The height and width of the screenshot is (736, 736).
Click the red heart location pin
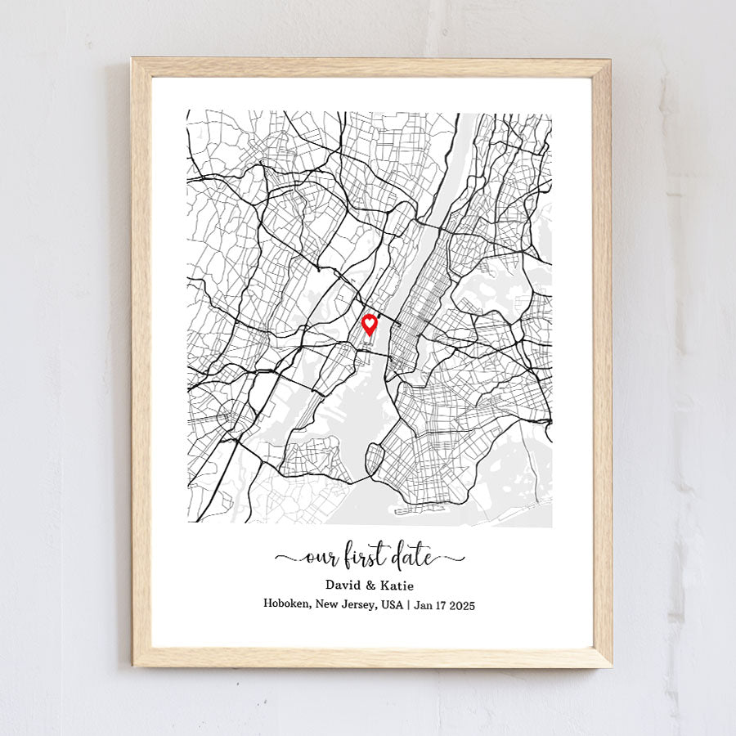(370, 325)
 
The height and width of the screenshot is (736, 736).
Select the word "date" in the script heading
(413, 558)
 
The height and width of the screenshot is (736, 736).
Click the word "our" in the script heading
(317, 559)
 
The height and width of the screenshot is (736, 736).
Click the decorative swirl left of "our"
(289, 559)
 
